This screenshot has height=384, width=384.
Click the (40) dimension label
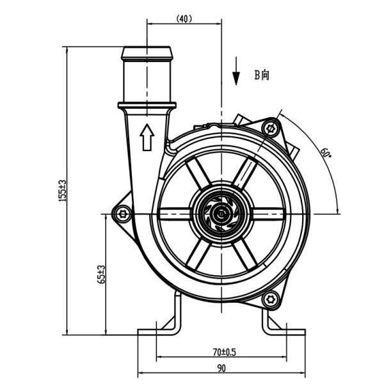(184, 19)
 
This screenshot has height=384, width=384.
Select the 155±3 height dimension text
(63, 191)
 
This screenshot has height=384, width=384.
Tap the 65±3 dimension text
(101, 275)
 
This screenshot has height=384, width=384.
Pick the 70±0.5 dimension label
(224, 352)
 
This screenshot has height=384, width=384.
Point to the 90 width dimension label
(221, 368)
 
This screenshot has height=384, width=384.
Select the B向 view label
(262, 75)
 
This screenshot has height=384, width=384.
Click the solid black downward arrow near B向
(236, 71)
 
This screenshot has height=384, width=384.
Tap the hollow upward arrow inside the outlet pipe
(147, 137)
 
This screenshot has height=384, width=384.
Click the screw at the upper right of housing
(271, 128)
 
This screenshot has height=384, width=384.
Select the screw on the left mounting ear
(122, 214)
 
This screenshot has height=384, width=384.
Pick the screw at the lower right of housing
(271, 300)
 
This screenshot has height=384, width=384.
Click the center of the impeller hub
(221, 214)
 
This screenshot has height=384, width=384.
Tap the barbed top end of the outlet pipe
(147, 53)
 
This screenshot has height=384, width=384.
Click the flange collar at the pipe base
(147, 106)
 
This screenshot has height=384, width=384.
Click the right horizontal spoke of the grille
(267, 214)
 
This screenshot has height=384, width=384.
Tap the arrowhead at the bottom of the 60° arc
(338, 211)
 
